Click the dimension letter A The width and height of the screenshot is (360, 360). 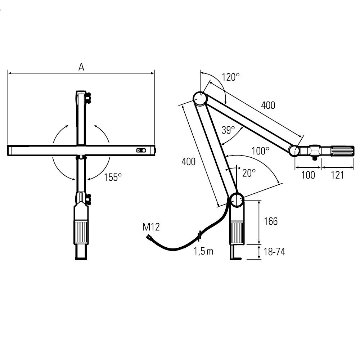pos(81,67)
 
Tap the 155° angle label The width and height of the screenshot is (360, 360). pos(113,177)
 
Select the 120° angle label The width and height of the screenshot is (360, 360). pos(230,77)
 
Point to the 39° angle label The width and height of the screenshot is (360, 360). pos(228,130)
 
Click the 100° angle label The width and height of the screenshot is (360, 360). pos(260,151)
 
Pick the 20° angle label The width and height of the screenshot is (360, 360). pos(249,173)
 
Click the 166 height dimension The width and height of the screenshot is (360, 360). pos(271,221)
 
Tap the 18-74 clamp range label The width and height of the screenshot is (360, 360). pos(274,252)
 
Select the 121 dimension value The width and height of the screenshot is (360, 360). pos(337,175)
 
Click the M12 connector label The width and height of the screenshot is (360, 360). pos(151,227)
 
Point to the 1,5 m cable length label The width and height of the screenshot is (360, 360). pos(203,251)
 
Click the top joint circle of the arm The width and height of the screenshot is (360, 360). pos(200,99)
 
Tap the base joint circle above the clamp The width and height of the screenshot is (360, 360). pos(237,200)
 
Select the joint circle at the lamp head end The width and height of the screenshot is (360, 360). pos(294,150)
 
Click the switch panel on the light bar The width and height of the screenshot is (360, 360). pos(141,150)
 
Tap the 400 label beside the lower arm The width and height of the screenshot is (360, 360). pos(189,162)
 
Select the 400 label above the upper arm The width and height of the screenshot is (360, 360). pos(268,105)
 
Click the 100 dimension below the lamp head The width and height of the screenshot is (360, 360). pos(308,175)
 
